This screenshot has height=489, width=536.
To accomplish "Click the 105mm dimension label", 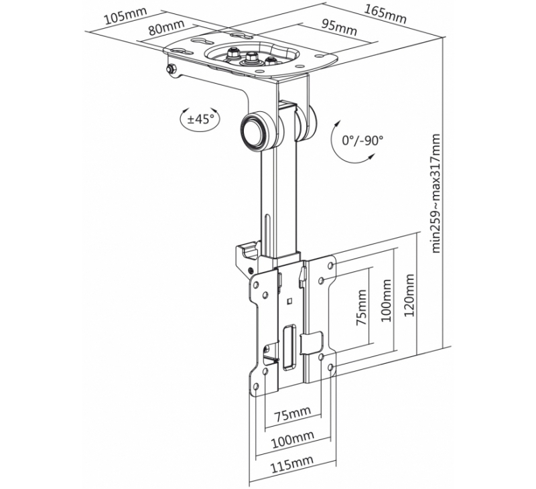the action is pyautogui.click(x=125, y=15).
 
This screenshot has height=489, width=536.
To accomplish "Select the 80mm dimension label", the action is pyautogui.click(x=166, y=27).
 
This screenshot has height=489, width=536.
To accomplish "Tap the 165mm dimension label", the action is pyautogui.click(x=385, y=14).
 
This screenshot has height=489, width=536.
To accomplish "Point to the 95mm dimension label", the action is pyautogui.click(x=339, y=27).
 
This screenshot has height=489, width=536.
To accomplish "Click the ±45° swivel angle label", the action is pyautogui.click(x=200, y=119).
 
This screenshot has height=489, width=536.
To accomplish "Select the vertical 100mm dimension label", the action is pyautogui.click(x=386, y=300).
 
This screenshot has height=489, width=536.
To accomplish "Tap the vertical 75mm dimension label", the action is pyautogui.click(x=361, y=307).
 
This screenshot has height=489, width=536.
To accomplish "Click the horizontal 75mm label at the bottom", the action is pyautogui.click(x=293, y=414).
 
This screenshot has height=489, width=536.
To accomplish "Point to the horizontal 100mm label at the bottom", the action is pyautogui.click(x=293, y=439).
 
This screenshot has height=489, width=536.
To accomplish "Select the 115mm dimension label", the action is pyautogui.click(x=292, y=464).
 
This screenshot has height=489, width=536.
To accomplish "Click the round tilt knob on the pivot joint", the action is pyautogui.click(x=255, y=131).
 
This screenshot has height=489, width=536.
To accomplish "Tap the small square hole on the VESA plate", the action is pyautogui.click(x=289, y=301).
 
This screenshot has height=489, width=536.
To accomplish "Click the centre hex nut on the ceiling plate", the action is pyautogui.click(x=251, y=56).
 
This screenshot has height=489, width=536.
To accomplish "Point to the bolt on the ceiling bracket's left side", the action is pyautogui.click(x=170, y=70).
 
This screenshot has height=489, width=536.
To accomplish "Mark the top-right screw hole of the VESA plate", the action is pyautogui.click(x=330, y=265).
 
